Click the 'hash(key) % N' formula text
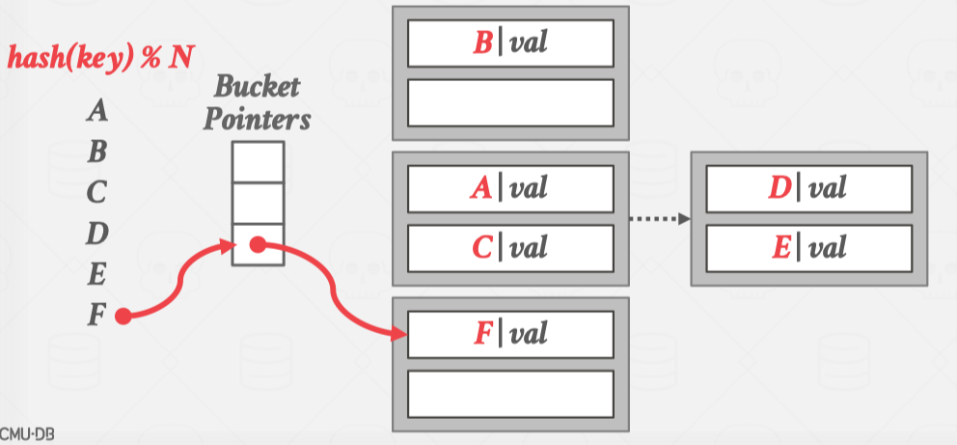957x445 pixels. pos(99,57)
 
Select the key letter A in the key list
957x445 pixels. pos(96,112)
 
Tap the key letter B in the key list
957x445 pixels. pos(96,153)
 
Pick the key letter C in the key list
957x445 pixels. pos(96,193)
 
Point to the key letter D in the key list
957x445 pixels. pos(96,234)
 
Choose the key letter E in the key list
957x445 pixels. pos(96,275)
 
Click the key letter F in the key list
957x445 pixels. pos(96,316)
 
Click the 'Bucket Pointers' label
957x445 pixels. pos(258,104)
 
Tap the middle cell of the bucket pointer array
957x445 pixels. pos(258,203)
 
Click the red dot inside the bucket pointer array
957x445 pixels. pos(258,245)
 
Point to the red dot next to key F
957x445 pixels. pos(123,316)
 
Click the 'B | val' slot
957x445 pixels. pos(510,42)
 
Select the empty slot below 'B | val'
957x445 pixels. pos(510,101)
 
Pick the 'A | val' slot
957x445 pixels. pos(510,187)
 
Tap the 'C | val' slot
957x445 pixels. pos(510,247)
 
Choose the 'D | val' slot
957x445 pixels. pos(808,187)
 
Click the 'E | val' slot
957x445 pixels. pos(808,247)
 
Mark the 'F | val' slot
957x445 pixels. pos(510,334)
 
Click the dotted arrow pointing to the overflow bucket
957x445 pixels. pos(660,218)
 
